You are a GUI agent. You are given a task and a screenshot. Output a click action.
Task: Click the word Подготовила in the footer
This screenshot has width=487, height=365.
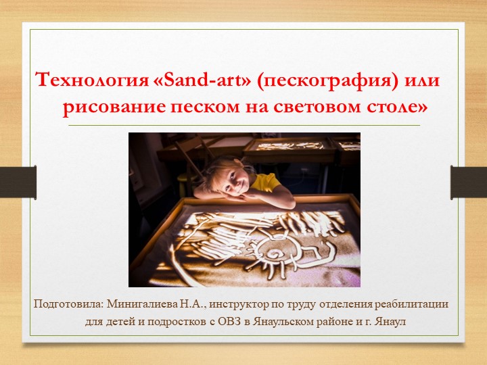[65, 303]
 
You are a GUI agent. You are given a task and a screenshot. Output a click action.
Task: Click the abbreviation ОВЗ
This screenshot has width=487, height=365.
[231, 322]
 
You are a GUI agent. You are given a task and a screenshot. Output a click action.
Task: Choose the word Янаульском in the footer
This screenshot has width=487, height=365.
[283, 322]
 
